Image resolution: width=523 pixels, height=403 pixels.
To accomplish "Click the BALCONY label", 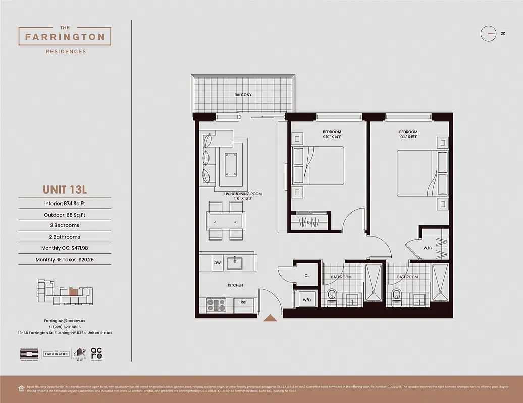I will [243, 95].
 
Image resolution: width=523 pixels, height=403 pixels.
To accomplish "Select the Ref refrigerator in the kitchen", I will [244, 302].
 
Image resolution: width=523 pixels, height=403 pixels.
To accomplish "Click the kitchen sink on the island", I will [234, 263].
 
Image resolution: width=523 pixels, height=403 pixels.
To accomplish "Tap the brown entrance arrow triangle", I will [270, 318].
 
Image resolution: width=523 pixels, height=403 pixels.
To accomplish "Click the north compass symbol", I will [489, 34].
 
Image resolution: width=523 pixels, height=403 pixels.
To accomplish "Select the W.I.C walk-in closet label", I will [427, 248].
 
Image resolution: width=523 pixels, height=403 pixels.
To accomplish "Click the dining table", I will [226, 220].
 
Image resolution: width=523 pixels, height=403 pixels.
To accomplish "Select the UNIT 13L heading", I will [65, 190].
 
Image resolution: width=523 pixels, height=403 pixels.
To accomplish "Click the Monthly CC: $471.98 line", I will [65, 248].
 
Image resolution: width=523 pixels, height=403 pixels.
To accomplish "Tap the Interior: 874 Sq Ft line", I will [65, 203].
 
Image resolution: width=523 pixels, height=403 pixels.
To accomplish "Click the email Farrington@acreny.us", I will [65, 321].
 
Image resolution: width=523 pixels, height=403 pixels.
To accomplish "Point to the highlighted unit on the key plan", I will [73, 291].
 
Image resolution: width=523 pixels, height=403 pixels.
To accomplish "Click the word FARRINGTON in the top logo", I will [65, 37].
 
